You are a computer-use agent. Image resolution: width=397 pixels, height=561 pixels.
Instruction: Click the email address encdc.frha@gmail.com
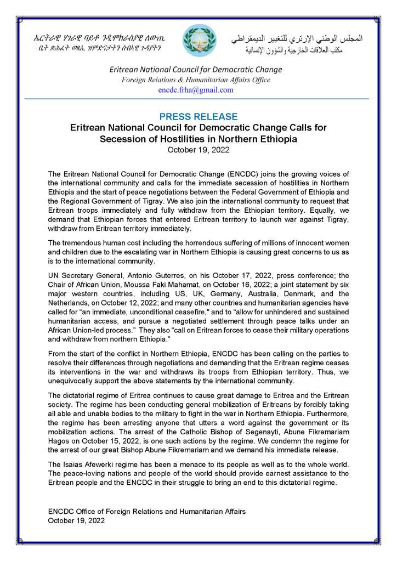pyautogui.click(x=196, y=90)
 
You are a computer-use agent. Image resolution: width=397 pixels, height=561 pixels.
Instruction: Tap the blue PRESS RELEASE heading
pyautogui.click(x=198, y=117)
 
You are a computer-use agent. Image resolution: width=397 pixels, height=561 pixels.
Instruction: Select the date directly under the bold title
pyautogui.click(x=198, y=150)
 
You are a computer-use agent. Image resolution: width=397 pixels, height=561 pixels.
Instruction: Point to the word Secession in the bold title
pyautogui.click(x=124, y=139)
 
